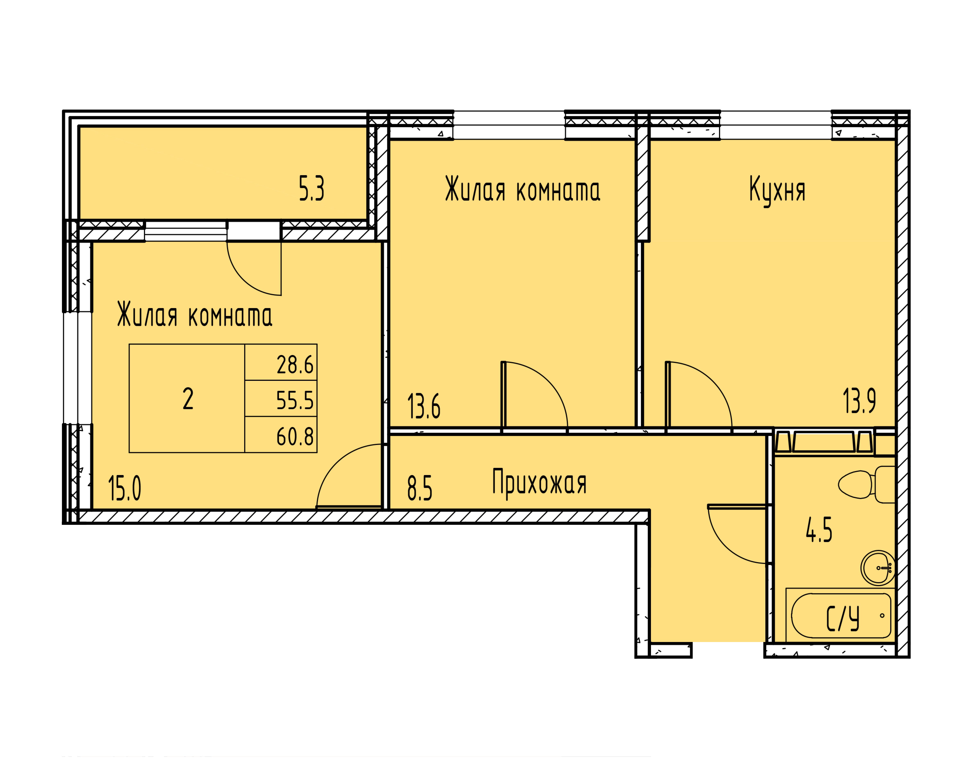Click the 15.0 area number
[x=124, y=488]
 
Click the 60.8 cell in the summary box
[x=295, y=437]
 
